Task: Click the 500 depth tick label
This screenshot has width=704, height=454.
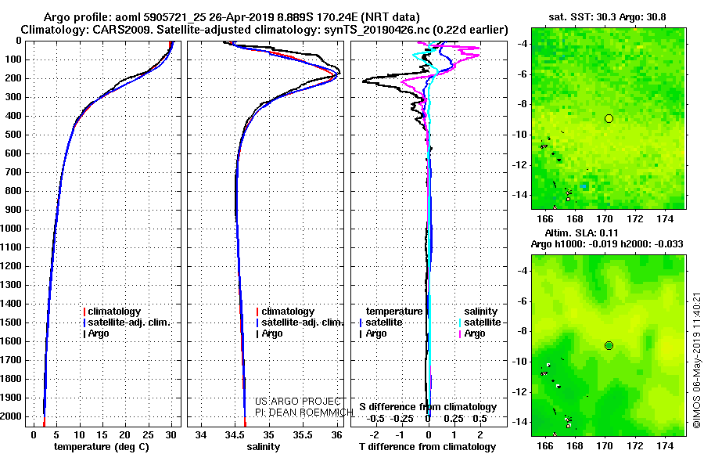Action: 13,135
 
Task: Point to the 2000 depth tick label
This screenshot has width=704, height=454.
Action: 11,416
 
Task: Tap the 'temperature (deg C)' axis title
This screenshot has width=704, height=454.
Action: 102,447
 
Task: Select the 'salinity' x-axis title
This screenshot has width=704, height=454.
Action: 264,447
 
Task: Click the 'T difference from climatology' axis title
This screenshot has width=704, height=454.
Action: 428,447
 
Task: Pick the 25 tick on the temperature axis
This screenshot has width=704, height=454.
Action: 148,435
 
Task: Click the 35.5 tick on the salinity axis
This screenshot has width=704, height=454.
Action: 303,435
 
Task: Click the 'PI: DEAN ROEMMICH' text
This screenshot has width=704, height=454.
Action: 304,413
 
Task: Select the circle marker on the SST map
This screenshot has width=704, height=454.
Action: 609,119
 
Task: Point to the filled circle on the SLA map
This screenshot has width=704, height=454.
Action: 609,346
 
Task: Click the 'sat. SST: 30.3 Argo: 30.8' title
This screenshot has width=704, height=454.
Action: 607,17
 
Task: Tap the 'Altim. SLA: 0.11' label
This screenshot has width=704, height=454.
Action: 581,233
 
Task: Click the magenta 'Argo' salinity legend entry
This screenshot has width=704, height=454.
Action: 472,333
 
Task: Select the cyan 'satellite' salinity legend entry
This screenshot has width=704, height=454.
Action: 480,322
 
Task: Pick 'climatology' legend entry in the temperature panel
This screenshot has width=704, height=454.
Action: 112,312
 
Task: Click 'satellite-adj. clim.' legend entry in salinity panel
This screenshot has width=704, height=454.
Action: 300,322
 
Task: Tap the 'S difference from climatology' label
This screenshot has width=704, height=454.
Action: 428,407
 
